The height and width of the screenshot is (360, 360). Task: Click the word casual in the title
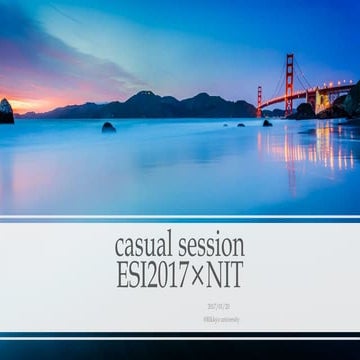pos(144,245)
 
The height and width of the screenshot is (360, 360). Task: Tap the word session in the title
pos(210,245)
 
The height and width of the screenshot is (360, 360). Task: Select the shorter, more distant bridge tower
pos(259,100)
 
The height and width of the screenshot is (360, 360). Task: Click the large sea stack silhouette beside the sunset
pos(6,111)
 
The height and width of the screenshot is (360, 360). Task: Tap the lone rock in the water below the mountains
pos(108,127)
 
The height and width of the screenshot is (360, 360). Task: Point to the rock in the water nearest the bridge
pos(267,122)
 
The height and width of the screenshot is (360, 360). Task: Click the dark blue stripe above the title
pos(180,218)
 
